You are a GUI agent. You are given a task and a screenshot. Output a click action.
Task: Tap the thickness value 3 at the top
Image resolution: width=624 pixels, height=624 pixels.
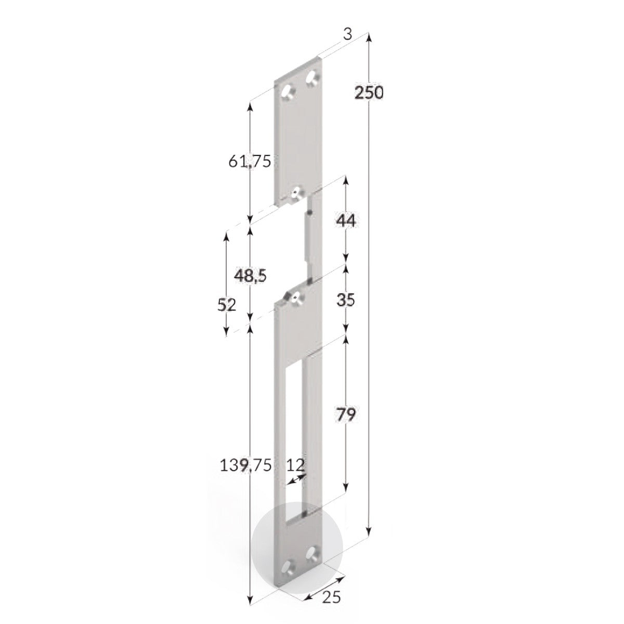pos(348,34)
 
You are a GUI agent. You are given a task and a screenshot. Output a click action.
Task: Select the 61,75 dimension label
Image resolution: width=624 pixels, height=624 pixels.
pos(250,162)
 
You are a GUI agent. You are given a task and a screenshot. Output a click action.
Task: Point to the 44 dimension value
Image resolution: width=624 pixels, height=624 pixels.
pos(346,221)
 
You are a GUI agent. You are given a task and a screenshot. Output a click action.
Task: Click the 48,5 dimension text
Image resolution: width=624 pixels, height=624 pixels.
pos(250,276)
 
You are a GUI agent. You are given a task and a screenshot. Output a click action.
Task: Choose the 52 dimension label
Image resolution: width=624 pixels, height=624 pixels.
pos(227,305)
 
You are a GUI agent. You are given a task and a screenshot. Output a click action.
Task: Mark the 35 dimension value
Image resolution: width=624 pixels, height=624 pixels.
pos(346,300)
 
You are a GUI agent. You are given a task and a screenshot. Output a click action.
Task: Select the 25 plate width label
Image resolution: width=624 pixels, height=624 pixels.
pos(331,598)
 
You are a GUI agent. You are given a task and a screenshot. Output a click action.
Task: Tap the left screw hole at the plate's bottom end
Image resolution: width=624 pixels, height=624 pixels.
pos(289,566)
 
